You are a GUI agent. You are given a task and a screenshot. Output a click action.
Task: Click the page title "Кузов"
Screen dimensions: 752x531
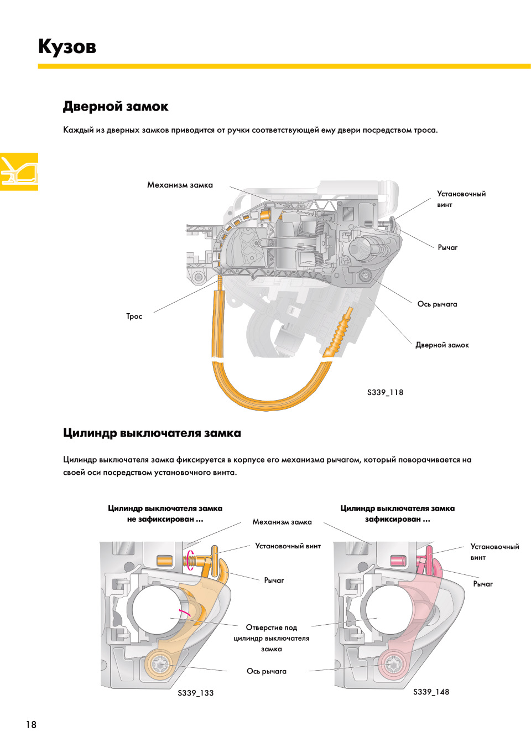67,46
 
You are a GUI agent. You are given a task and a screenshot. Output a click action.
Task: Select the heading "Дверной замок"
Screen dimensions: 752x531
115,106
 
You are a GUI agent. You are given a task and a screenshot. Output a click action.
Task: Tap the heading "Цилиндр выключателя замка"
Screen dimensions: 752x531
152,433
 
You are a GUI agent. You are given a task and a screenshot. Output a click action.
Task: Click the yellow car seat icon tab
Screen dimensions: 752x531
19,172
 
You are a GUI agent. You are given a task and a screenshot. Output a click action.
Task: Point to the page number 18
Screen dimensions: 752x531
31,724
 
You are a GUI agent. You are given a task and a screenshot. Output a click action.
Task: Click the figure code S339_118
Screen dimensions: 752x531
385,392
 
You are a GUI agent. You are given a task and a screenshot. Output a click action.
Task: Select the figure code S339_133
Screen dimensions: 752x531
195,693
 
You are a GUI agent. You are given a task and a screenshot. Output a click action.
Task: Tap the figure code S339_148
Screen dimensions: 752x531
431,692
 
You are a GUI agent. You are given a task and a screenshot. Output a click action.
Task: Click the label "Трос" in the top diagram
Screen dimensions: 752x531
134,317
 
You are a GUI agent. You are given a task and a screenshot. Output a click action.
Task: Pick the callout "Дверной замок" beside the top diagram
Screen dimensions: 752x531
442,345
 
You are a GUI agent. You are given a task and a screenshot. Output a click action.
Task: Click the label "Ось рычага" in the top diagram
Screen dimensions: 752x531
437,304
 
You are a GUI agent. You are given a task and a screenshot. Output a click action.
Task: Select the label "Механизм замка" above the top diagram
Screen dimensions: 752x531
180,185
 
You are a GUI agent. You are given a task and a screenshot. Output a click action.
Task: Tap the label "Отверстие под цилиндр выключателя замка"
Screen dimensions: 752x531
271,638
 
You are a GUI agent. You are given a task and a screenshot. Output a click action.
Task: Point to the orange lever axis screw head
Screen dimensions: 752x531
159,663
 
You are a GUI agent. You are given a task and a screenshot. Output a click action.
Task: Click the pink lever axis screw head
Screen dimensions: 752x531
393,663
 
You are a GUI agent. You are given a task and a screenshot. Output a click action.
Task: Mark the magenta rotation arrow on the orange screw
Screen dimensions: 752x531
190,559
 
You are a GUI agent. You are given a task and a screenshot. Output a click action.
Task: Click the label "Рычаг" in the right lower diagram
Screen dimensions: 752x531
482,584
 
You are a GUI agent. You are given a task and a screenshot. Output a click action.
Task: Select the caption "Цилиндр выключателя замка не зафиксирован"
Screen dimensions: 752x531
165,514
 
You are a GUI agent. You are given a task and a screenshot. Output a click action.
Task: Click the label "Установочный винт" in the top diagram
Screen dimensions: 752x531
461,199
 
